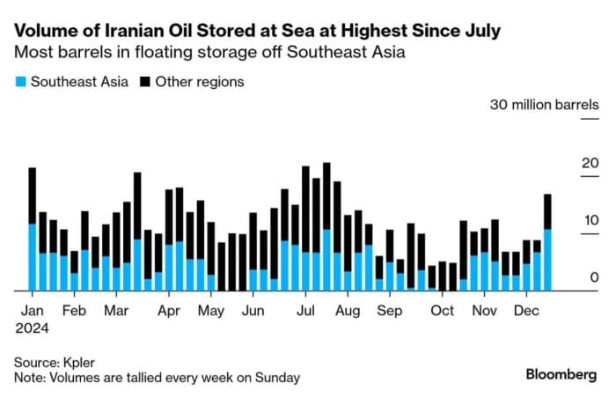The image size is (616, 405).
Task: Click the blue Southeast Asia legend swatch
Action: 19,82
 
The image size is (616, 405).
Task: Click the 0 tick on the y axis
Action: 594,277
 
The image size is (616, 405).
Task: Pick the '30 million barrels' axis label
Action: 544,105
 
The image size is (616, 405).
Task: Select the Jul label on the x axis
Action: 306,311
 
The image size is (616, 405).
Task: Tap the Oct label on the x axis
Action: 442,311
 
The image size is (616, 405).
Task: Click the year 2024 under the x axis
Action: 32,328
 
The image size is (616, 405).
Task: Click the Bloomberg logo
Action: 561,374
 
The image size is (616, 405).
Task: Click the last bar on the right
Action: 547,242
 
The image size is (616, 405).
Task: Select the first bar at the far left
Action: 33,229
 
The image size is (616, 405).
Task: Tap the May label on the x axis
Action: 210,311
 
